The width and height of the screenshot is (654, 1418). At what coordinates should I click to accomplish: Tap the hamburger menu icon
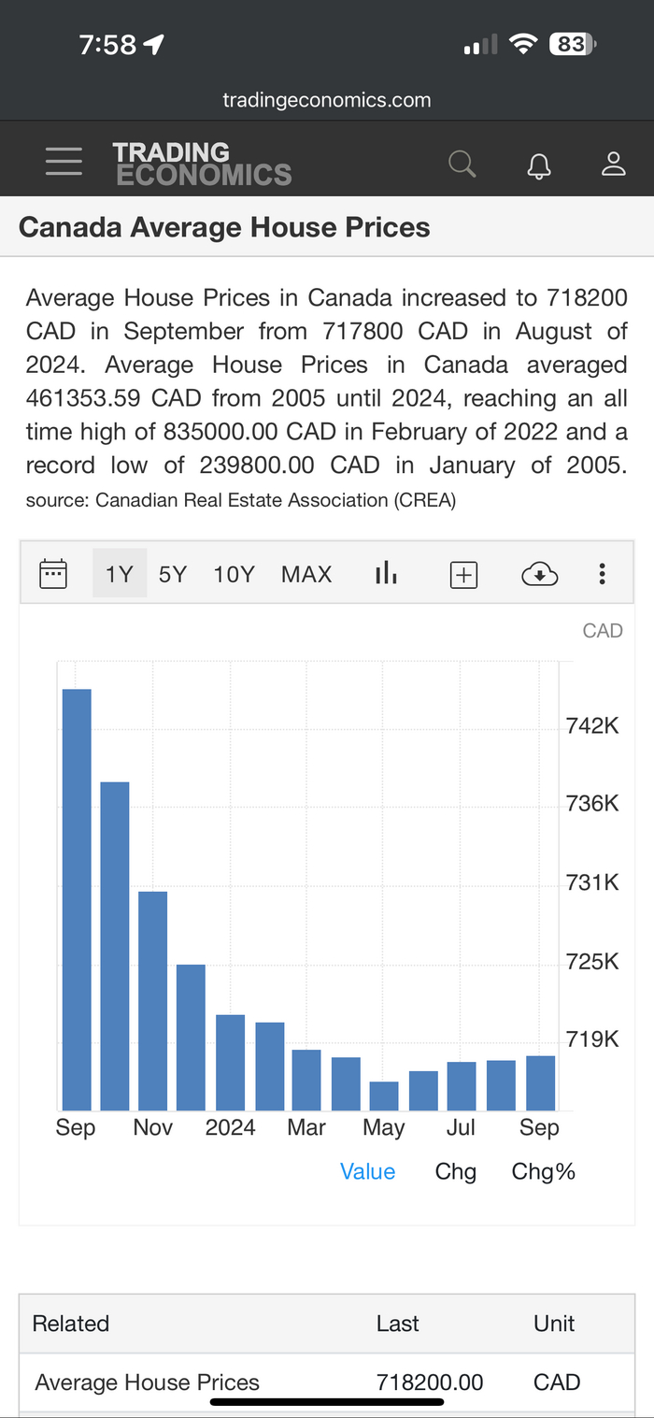pos(64,162)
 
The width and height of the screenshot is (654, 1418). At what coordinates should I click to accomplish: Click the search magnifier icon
pos(462,164)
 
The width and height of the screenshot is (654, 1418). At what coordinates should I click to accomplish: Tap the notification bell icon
pos(539,165)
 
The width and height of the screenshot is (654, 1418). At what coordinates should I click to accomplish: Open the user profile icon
pos(613,164)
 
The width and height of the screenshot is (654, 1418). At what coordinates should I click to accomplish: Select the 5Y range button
pos(173,574)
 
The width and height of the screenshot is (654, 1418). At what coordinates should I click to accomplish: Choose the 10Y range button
pos(234,574)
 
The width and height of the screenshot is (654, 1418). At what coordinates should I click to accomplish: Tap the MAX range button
pos(306,574)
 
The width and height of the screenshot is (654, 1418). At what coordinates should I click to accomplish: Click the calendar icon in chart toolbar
pos(53,573)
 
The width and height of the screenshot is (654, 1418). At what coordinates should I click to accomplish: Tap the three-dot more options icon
pos(603,574)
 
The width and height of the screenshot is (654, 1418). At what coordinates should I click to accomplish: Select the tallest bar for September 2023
pos(77,897)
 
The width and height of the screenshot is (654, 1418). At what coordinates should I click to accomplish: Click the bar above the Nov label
pos(153,1000)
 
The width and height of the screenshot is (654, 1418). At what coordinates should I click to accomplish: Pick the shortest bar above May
pos(384,1096)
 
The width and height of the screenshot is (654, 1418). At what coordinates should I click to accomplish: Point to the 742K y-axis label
pos(592,725)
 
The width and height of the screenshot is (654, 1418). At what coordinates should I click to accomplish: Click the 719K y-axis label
pos(592,1038)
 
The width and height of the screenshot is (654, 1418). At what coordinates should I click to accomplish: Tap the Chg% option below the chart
pos(543,1171)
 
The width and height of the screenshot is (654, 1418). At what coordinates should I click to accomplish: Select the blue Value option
pos(367,1171)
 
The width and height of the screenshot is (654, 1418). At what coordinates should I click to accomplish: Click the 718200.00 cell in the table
pos(430,1382)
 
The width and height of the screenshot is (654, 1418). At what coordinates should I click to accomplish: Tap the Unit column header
pos(554,1324)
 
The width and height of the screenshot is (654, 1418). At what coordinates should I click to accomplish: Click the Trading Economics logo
pos(202,164)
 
